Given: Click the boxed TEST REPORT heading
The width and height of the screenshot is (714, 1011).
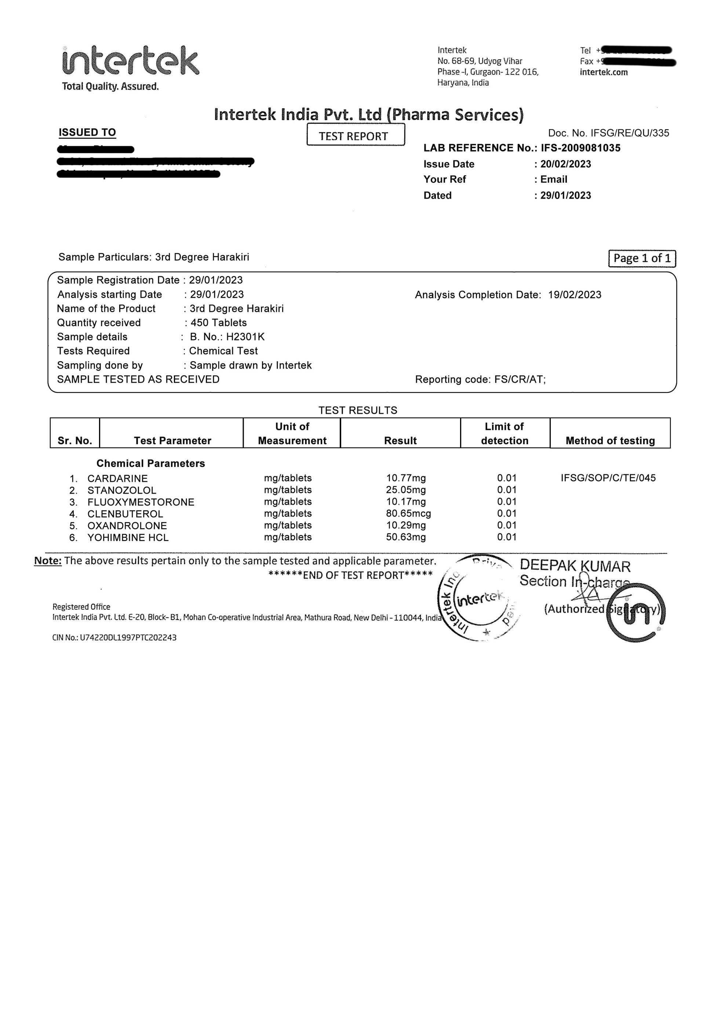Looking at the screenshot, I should [355, 136].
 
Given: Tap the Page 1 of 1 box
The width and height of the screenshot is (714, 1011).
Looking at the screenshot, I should [642, 259].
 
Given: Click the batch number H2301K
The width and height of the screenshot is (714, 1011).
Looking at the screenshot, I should [245, 337].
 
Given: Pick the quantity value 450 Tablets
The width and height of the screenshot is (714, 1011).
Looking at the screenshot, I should [218, 323].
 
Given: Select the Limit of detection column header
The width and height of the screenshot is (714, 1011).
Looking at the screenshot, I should [504, 433].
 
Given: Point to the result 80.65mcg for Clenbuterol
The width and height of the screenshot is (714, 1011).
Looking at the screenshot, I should [408, 514].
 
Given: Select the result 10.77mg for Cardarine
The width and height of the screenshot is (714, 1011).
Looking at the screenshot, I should [406, 478].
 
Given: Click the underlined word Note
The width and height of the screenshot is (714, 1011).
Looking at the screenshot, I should [48, 561].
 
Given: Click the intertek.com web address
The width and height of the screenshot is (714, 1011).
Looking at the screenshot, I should [604, 72].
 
